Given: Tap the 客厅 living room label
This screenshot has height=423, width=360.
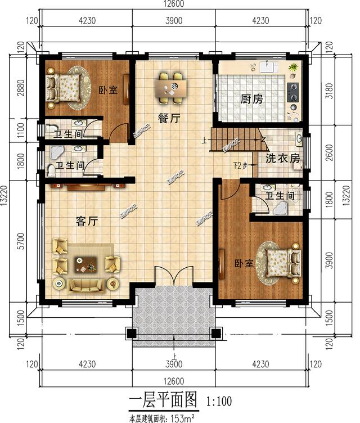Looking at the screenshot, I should [87, 221].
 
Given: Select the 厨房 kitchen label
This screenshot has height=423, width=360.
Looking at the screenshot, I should [251, 100].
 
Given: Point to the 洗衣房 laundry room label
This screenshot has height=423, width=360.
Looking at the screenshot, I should [283, 159].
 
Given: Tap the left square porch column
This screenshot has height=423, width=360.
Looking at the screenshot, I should [132, 334].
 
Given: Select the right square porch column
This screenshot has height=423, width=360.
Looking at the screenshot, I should [214, 334].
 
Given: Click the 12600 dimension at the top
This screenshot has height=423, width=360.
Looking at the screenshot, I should [172, 4].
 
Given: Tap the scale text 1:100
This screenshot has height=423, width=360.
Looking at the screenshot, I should [219, 402].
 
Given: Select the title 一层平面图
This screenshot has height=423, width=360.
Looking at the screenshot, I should [163, 400].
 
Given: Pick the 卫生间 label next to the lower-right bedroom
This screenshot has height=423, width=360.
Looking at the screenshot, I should [280, 196].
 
